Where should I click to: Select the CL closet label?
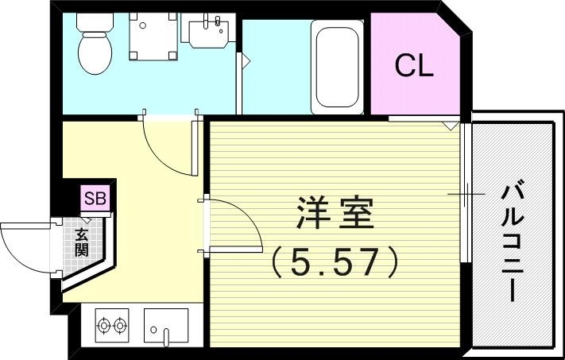coord(414,66)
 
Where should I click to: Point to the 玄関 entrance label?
coord(82,242)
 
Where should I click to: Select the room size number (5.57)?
coord(334,261)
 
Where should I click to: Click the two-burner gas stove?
coord(112,326)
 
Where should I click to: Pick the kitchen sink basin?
coord(166,326)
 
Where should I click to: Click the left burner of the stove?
coord(103,326)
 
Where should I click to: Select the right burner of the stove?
coord(121,326)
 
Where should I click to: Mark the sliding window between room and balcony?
coord(466,194)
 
